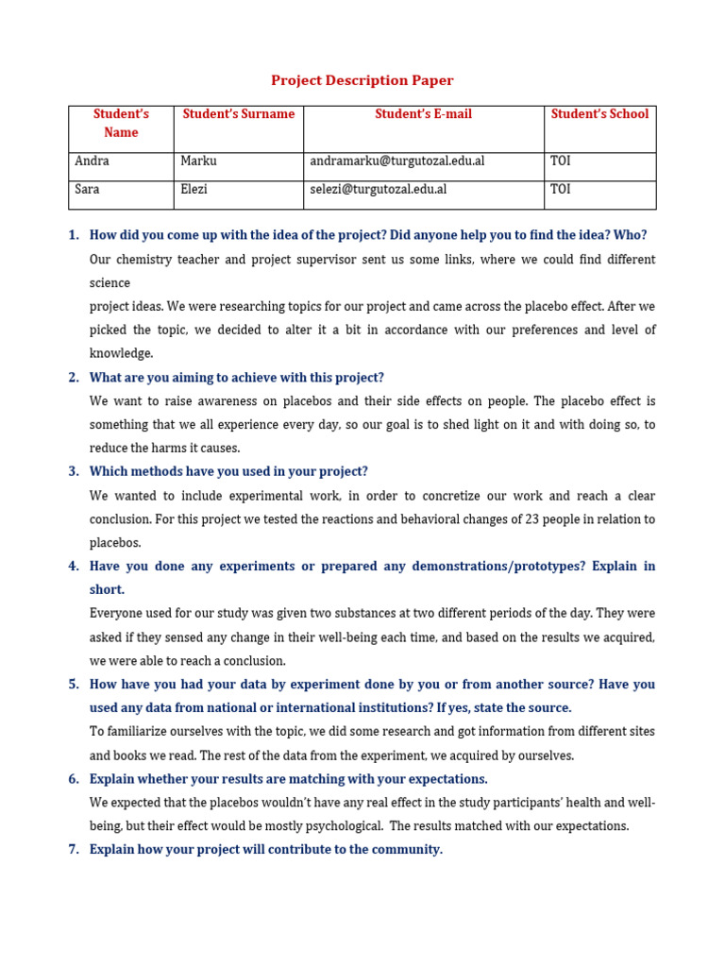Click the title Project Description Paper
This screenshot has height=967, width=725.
coord(362,81)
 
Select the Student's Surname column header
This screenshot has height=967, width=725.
coord(238,114)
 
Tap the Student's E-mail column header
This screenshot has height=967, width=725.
coord(423,114)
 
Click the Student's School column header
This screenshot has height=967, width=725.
coord(599,114)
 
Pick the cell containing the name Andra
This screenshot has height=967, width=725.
coord(92,161)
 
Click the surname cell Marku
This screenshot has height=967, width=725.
coord(198,161)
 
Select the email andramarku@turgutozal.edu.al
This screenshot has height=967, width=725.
coord(396,161)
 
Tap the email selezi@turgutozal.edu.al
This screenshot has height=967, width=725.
coord(378,189)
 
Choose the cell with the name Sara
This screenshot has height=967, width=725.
coord(87,189)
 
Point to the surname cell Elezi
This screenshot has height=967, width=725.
coord(195,189)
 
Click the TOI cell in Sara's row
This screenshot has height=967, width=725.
coord(560,189)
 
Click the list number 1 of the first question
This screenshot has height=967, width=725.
coord(73,235)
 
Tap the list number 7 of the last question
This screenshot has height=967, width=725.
coord(73,850)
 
